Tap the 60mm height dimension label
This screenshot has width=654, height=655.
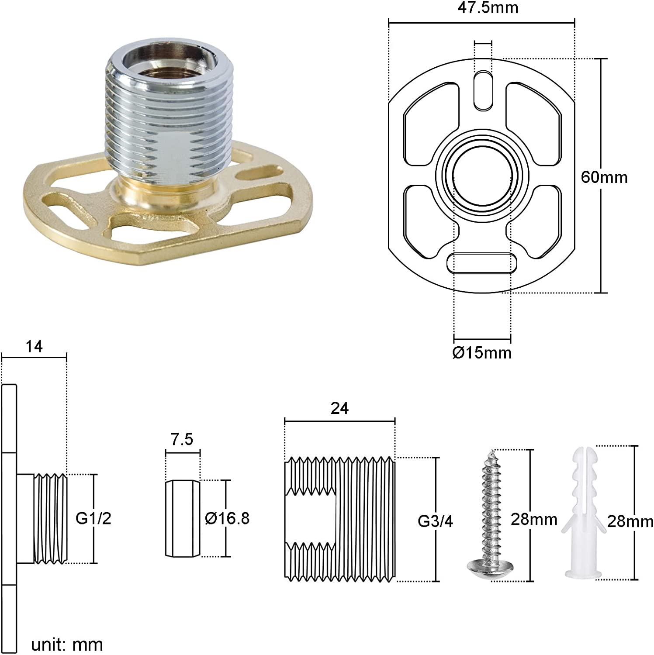(x=604, y=177)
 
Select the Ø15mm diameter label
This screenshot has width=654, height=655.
(x=482, y=352)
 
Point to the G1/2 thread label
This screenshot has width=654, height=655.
(x=93, y=518)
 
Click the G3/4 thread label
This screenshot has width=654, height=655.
(x=436, y=521)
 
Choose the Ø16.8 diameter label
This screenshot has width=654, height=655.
(x=227, y=518)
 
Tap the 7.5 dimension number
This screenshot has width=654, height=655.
(x=182, y=439)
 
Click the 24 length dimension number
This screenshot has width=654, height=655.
(x=339, y=408)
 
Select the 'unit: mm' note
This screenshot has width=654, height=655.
(x=67, y=645)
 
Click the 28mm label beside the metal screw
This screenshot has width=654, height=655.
(x=534, y=519)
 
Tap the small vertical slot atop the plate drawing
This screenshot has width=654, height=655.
(x=483, y=91)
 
